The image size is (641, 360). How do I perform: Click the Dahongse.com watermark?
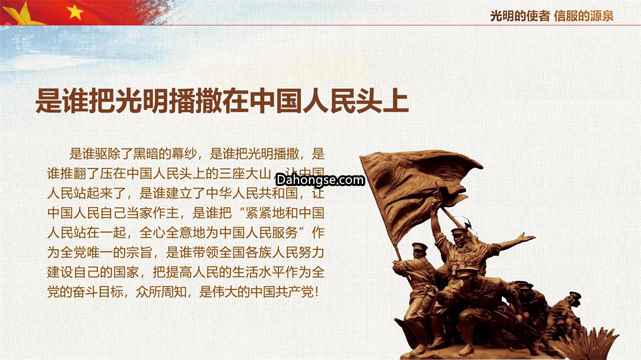320,180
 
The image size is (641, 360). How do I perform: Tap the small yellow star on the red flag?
75,12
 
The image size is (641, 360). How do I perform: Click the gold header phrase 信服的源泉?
584,16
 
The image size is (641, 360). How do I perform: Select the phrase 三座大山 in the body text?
245,173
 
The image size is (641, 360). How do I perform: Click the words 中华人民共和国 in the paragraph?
252,193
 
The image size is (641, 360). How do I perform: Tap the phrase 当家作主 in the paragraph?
153,213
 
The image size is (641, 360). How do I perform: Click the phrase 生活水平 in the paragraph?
258,272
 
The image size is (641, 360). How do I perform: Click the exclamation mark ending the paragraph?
317,292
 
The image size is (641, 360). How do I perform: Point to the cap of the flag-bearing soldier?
420,246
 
